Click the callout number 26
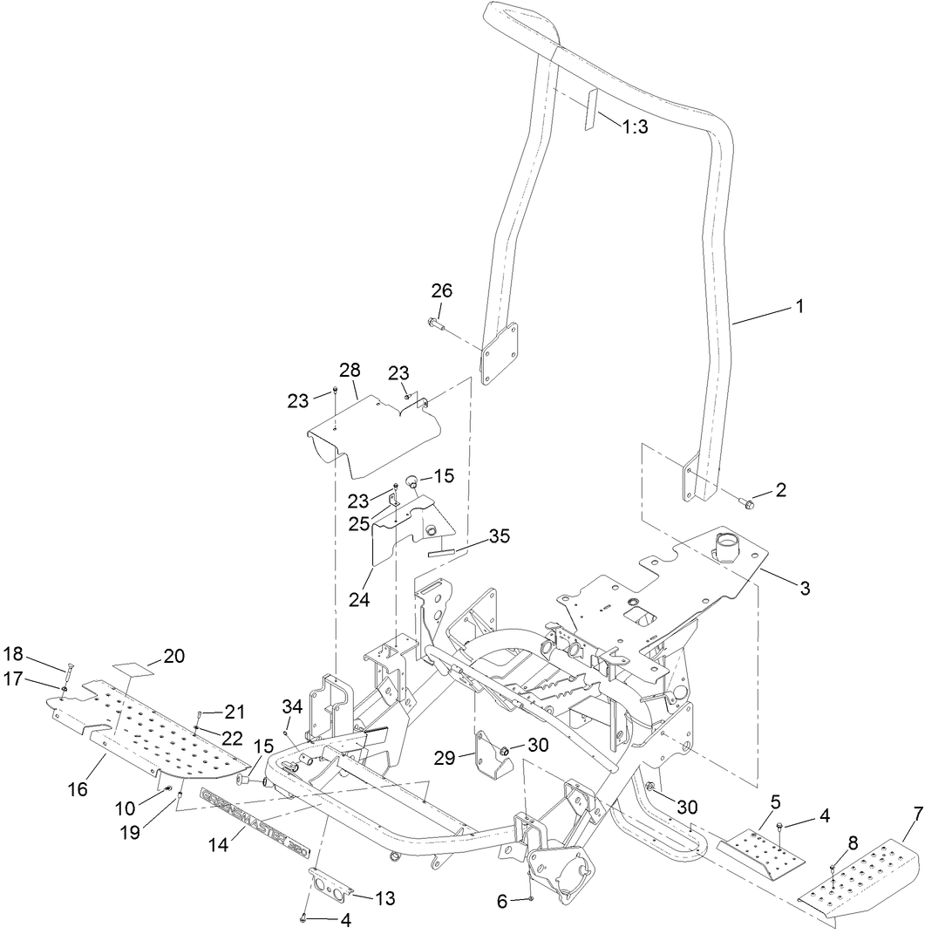(442, 290)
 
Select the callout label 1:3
(634, 126)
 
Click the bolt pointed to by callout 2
(746, 501)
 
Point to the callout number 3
(803, 589)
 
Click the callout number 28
(350, 371)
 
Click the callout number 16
(78, 788)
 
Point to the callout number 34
(292, 706)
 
